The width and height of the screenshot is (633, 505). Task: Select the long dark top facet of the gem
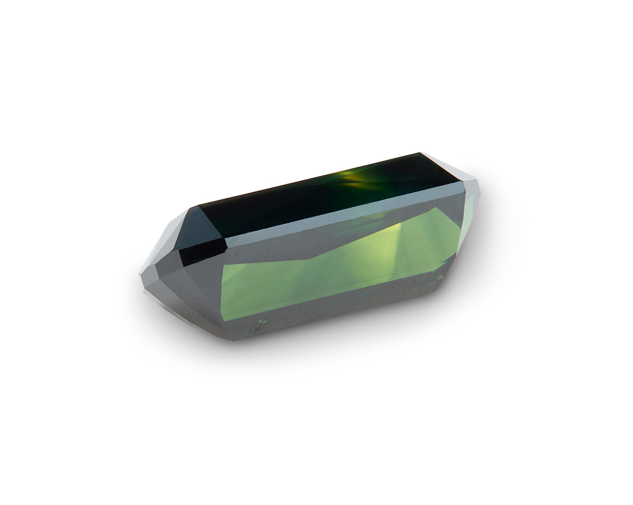(293, 198)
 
